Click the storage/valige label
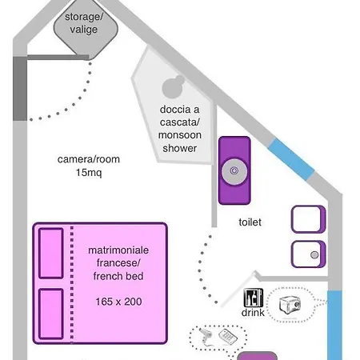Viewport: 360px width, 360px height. [84, 23]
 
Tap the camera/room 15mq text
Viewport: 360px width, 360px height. [89, 166]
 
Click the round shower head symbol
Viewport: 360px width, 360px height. [173, 86]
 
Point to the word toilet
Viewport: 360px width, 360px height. [250, 222]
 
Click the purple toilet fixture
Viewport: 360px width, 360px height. [234, 170]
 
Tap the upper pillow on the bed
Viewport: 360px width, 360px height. [51, 254]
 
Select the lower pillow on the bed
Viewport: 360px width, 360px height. [51, 314]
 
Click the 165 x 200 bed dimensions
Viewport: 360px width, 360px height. [118, 302]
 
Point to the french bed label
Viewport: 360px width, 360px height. [118, 276]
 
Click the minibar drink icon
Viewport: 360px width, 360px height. [254, 298]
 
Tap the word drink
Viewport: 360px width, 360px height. [253, 312]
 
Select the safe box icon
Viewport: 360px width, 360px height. [290, 305]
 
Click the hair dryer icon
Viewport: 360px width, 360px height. [206, 336]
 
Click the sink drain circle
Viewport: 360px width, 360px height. [314, 255]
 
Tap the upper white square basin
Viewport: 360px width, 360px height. [308, 219]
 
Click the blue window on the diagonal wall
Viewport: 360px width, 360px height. [291, 159]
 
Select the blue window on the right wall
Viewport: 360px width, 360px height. [335, 326]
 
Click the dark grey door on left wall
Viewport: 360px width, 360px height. [20, 89]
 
